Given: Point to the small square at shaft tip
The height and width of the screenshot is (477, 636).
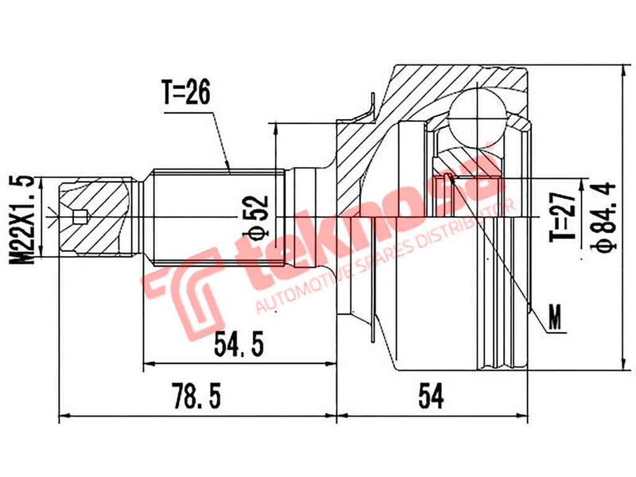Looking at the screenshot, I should (x=77, y=216).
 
